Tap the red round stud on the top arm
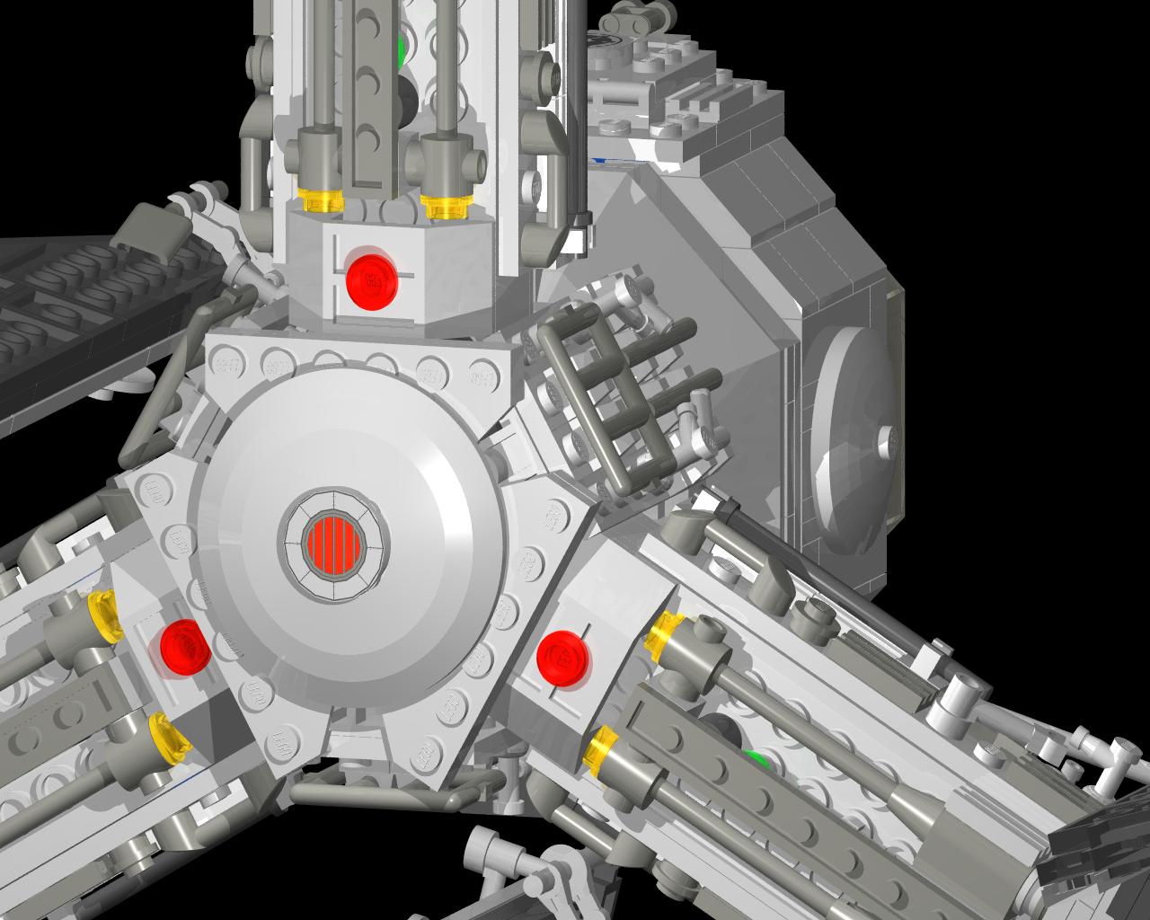(x=371, y=278)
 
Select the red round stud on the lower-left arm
(x=184, y=645)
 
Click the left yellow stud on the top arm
(x=321, y=201)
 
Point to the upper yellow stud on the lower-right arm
(x=665, y=632)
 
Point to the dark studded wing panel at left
(x=81, y=305)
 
